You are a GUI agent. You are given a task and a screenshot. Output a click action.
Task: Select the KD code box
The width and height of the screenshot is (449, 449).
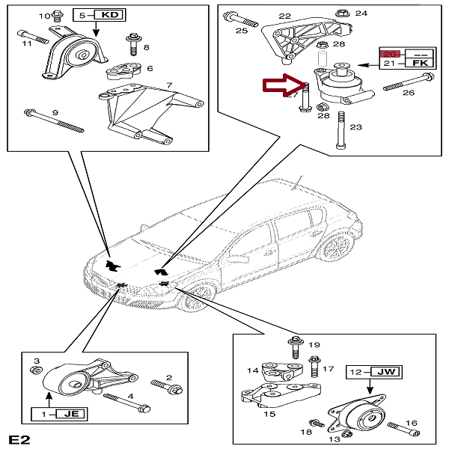tap(109, 14)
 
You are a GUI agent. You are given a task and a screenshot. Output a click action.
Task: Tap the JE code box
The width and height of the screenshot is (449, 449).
tap(71, 413)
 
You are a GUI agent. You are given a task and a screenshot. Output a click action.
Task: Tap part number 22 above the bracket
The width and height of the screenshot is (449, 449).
tap(284, 16)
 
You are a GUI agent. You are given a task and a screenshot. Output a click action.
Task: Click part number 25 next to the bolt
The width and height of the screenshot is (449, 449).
tap(241, 31)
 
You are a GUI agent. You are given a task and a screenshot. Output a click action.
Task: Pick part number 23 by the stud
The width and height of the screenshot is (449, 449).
tap(355, 127)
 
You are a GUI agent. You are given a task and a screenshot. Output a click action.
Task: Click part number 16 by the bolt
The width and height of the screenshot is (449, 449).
tap(412, 424)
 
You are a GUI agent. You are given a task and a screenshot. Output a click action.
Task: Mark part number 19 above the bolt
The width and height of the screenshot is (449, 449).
tap(314, 345)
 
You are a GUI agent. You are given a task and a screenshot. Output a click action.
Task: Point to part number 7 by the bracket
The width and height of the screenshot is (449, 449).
tap(170, 86)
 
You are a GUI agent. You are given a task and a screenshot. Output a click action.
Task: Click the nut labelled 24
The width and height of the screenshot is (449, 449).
tap(341, 13)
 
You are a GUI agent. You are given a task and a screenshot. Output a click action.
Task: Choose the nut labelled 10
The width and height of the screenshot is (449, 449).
tap(59, 16)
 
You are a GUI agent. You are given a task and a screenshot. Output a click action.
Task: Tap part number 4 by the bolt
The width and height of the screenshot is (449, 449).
tap(130, 397)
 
